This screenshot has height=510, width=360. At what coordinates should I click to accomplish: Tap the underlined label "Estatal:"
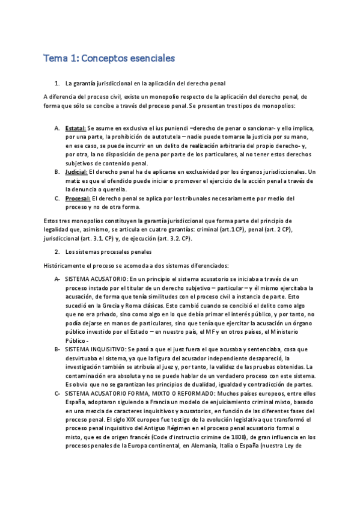[76, 129]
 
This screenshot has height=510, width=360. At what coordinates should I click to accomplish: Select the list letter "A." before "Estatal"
[56, 129]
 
